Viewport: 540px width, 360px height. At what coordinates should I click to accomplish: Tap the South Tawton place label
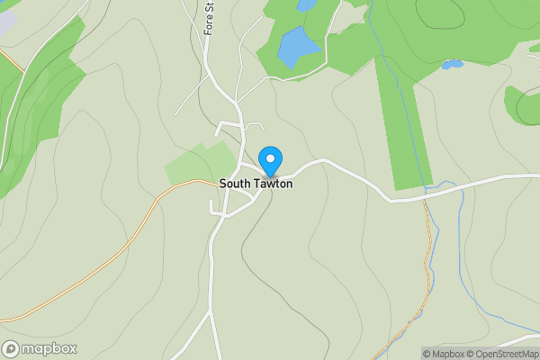(x=256, y=184)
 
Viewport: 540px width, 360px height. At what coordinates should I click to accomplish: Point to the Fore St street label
(x=210, y=18)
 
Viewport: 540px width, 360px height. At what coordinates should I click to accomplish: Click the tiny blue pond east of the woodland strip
(x=452, y=65)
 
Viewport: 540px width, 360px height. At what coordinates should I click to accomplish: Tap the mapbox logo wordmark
(x=49, y=349)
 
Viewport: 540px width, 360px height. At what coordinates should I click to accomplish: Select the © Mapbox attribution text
(x=442, y=354)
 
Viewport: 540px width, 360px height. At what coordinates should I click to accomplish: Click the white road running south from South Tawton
(x=212, y=270)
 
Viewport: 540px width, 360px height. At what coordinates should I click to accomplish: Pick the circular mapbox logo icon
(x=11, y=349)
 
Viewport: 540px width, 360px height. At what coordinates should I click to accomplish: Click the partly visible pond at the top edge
(x=307, y=4)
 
